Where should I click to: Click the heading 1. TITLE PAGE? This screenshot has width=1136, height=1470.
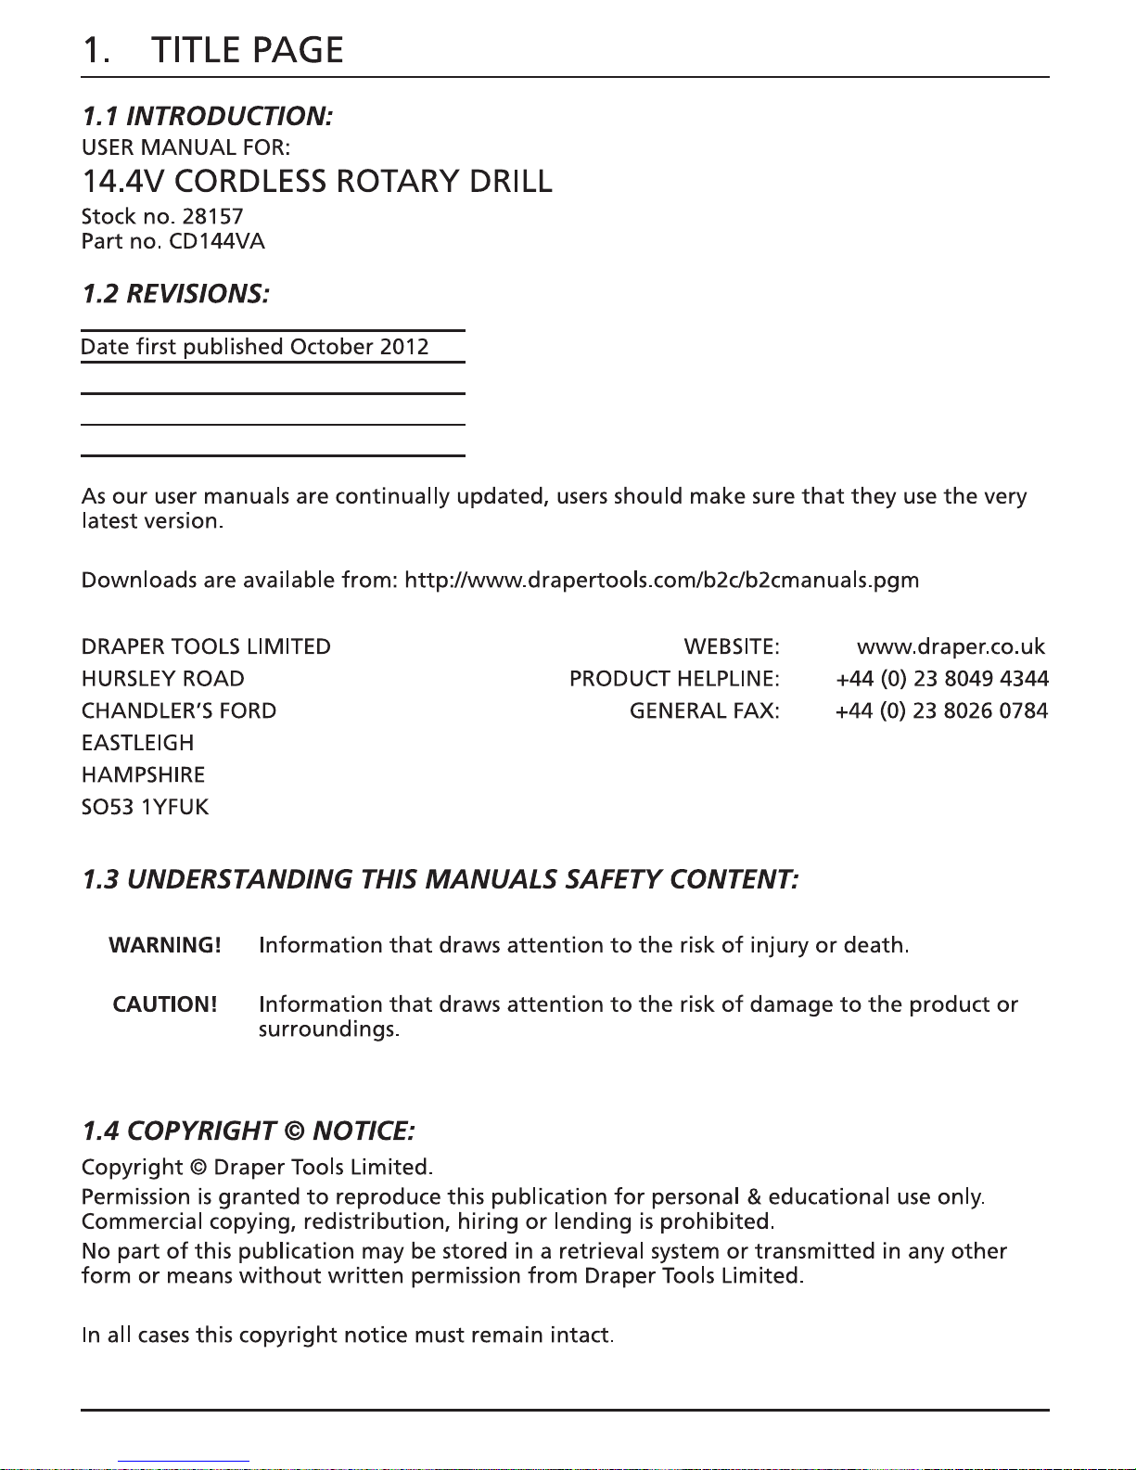(x=212, y=50)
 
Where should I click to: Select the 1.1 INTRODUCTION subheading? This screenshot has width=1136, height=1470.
(x=207, y=116)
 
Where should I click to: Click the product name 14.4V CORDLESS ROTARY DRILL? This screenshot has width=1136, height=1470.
(x=317, y=181)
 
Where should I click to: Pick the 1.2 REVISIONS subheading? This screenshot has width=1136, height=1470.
(x=175, y=294)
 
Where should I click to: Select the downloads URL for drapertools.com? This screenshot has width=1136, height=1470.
(x=661, y=581)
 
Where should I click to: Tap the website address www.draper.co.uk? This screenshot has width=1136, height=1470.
(x=951, y=646)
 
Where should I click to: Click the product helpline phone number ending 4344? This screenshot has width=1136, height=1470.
(x=941, y=679)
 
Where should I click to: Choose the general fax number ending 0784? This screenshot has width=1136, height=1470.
(x=941, y=711)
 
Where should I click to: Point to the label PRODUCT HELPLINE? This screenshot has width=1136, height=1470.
(x=674, y=679)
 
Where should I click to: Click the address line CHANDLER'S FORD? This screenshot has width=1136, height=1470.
(x=179, y=711)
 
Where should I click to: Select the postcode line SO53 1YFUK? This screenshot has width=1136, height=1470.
(x=145, y=807)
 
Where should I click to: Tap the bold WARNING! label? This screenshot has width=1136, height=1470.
(x=165, y=945)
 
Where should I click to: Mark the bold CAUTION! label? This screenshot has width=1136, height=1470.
(x=165, y=1004)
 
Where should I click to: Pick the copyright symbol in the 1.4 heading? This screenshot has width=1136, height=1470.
(x=294, y=1131)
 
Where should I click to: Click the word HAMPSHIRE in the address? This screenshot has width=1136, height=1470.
(x=143, y=774)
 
